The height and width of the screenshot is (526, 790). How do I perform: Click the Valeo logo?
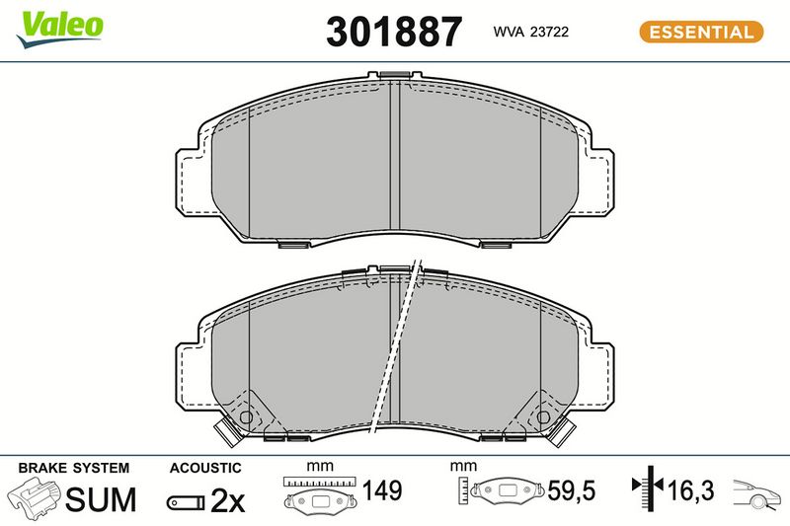(60, 29)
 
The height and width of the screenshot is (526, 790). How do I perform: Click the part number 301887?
(394, 32)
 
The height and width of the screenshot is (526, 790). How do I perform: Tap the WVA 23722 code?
(531, 32)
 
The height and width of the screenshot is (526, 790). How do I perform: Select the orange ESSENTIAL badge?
(701, 32)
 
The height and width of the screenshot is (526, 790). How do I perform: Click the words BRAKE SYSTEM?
(74, 468)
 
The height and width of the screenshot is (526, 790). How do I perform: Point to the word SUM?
(101, 499)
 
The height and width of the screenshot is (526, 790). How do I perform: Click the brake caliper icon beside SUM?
(34, 497)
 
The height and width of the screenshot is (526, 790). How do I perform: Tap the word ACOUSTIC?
(205, 468)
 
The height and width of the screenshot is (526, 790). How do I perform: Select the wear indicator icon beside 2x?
(186, 502)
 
